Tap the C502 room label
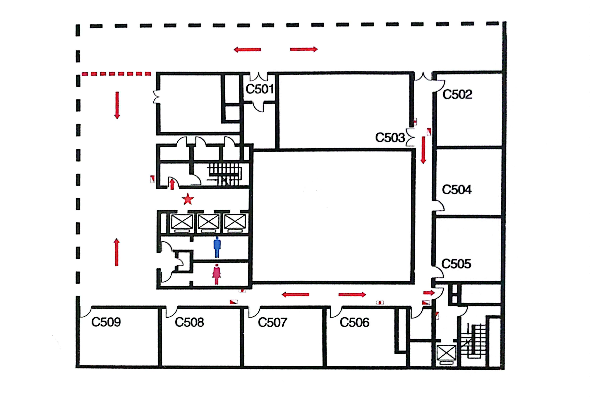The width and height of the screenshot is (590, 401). click(457, 94)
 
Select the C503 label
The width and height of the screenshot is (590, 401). click(390, 138)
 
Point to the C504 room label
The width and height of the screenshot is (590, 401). click(457, 189)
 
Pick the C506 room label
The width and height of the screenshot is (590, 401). click(354, 322)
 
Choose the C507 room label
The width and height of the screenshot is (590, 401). click(272, 322)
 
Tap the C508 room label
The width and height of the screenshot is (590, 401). click(189, 322)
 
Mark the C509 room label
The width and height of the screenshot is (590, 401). click(106, 322)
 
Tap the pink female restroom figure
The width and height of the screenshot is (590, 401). click(217, 274)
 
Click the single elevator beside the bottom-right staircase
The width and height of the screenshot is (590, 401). click(446, 353)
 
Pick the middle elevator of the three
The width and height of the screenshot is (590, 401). click(208, 222)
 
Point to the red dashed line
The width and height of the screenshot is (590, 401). click(116, 74)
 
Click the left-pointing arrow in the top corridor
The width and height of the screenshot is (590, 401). click(247, 49)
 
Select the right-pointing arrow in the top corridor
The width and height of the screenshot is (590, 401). click(304, 49)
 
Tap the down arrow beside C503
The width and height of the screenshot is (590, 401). click(423, 150)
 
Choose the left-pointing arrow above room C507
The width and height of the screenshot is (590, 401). click(296, 294)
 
